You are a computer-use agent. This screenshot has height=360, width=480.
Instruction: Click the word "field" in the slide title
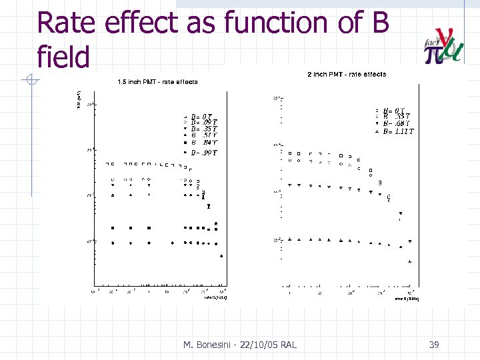click(x=63, y=57)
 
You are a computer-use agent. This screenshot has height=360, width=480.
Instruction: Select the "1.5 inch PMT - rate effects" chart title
click(x=157, y=82)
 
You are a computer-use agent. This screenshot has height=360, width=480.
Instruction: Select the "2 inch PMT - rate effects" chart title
click(x=346, y=74)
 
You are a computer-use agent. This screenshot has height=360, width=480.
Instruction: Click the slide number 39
click(x=434, y=345)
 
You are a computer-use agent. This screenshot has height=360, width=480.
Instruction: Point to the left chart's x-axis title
click(x=215, y=298)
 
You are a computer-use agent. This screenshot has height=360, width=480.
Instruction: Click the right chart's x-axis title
click(x=404, y=299)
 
